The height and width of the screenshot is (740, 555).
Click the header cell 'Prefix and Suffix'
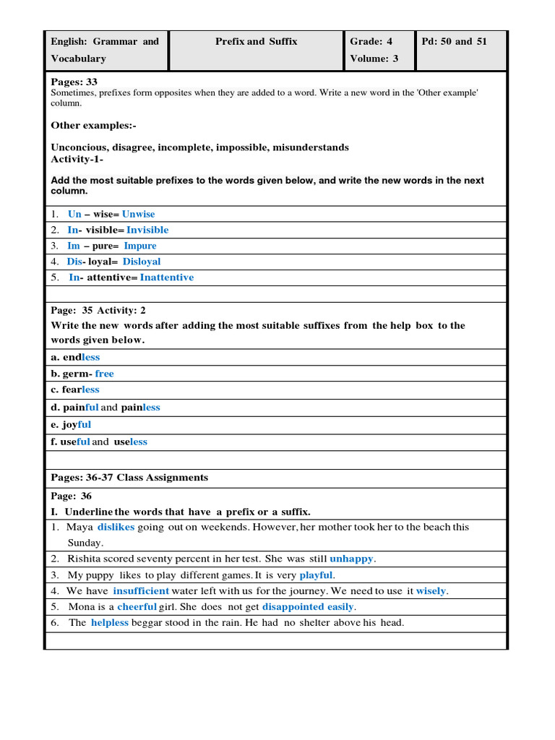(x=256, y=42)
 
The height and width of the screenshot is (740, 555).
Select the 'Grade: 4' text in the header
(x=371, y=42)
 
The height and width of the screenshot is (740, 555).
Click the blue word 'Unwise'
(x=138, y=215)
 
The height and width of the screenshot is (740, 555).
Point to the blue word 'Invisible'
(x=147, y=231)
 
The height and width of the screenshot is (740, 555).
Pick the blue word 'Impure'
(x=140, y=246)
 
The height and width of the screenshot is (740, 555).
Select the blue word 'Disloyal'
(x=142, y=262)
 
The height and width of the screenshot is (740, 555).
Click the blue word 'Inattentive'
(x=167, y=277)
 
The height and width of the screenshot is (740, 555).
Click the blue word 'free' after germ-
(x=104, y=374)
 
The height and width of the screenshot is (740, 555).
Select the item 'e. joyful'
(x=71, y=425)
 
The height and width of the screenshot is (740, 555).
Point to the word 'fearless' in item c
(x=81, y=390)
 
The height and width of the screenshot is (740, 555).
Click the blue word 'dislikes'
(x=116, y=528)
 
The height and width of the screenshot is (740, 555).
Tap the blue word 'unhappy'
(x=353, y=559)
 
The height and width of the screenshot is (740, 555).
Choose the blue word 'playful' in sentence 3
(x=316, y=575)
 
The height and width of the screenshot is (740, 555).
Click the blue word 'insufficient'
(x=141, y=591)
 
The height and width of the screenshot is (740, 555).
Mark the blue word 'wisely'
(x=431, y=591)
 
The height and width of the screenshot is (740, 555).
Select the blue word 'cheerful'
(x=137, y=607)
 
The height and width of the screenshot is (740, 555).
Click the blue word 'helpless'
(x=110, y=623)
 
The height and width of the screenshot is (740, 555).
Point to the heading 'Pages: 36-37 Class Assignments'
(x=129, y=478)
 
